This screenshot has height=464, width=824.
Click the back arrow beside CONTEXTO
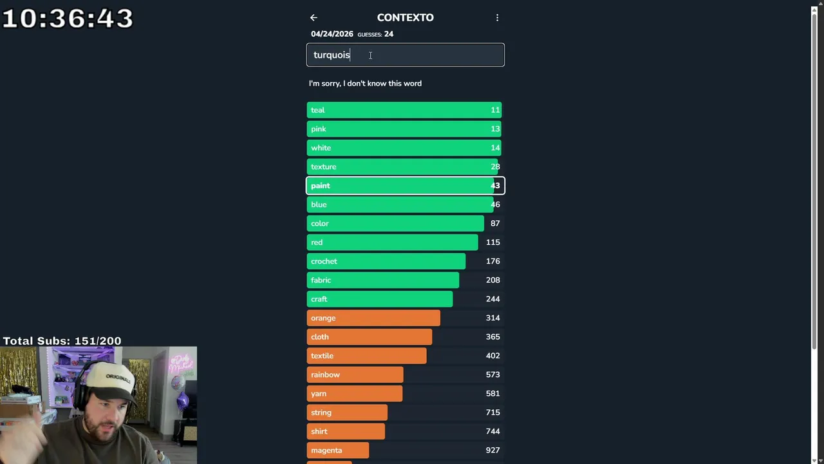click(x=314, y=18)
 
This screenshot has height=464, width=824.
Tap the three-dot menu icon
click(x=497, y=18)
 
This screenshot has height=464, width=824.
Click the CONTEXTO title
click(x=405, y=17)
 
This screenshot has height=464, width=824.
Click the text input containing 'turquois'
click(x=405, y=55)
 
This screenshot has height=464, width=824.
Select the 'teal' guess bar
click(x=404, y=110)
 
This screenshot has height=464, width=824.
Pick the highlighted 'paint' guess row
click(x=405, y=186)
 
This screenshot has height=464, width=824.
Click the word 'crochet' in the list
click(x=324, y=261)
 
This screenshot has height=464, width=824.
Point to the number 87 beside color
click(x=494, y=224)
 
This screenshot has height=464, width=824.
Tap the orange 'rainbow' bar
click(x=355, y=374)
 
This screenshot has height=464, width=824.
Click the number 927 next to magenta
click(x=492, y=450)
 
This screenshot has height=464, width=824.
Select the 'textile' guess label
click(x=322, y=356)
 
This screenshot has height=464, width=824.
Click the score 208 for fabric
click(x=492, y=280)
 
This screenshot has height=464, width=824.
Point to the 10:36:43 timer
click(x=68, y=18)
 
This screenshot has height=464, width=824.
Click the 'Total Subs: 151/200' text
click(x=62, y=341)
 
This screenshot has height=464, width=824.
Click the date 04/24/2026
click(x=332, y=34)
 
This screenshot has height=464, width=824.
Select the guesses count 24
click(x=388, y=34)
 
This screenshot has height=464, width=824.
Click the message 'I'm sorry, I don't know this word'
click(x=365, y=83)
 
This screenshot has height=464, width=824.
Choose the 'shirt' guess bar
click(x=346, y=431)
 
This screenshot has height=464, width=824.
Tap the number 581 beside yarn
click(x=492, y=394)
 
